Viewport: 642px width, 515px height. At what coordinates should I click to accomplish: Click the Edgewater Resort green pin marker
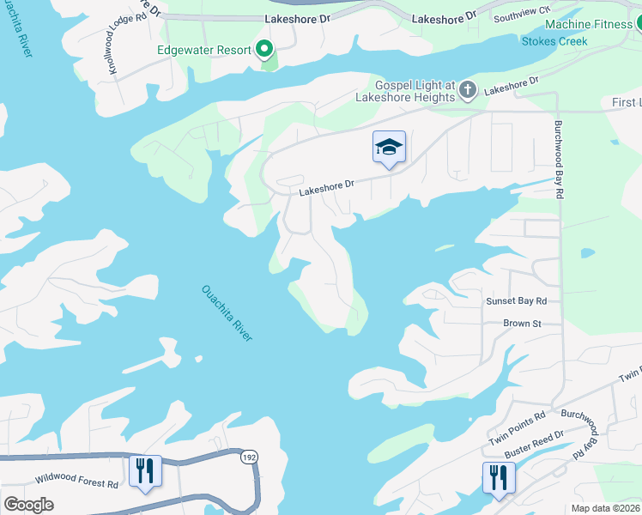tap(265, 50)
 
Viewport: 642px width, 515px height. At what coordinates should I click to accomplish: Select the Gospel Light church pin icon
tap(468, 89)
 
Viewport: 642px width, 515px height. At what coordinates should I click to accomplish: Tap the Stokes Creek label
tap(554, 40)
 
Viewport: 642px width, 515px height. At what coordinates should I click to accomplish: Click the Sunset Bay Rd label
tap(516, 300)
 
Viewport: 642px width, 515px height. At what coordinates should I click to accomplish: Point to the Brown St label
tap(522, 324)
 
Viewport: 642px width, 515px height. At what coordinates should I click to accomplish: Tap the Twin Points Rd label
tap(518, 427)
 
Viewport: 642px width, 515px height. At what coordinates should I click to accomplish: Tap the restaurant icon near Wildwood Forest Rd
tap(145, 471)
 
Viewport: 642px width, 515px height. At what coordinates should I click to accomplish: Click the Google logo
tap(29, 505)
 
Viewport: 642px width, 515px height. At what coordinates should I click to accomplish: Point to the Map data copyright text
tap(606, 508)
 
